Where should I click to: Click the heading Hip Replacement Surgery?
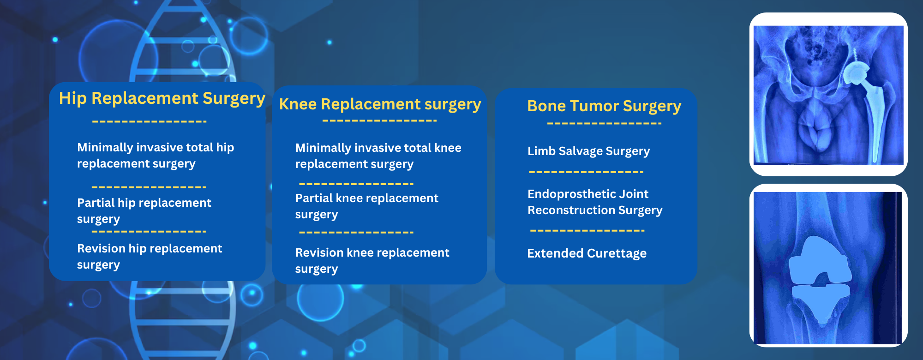point(162,98)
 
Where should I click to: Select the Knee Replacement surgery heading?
point(380,104)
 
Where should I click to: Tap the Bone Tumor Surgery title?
point(604,106)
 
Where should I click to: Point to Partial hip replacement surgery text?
point(144,210)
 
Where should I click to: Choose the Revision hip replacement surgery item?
point(149,256)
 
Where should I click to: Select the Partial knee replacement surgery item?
point(366,206)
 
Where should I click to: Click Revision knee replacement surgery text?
point(372,260)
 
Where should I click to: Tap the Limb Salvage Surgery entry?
point(588,151)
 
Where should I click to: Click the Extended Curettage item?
point(587,253)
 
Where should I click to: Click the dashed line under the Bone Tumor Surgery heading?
point(604,124)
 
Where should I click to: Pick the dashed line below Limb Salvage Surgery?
point(586,172)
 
